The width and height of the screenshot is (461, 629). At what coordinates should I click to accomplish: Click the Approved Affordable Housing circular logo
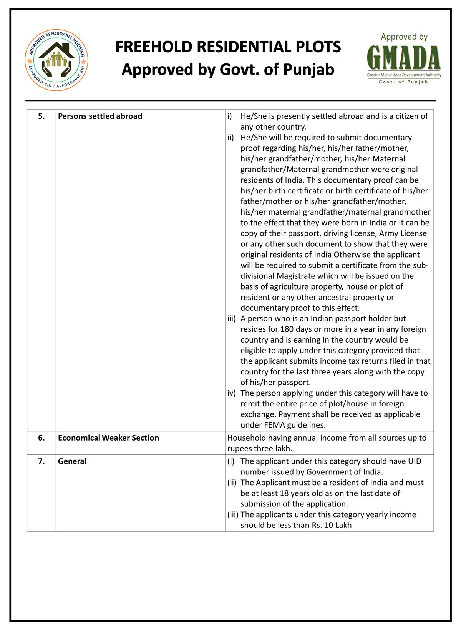(56, 61)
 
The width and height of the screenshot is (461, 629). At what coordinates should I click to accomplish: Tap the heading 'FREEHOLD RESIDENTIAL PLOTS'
(228, 47)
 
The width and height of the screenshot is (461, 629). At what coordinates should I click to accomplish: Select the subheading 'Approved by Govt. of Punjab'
(228, 70)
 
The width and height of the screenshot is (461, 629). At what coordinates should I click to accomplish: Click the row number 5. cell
(41, 116)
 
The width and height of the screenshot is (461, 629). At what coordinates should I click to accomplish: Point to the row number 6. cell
(41, 438)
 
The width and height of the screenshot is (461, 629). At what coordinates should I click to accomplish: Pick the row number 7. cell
(41, 461)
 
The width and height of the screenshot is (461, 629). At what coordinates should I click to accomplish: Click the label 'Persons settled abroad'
(100, 116)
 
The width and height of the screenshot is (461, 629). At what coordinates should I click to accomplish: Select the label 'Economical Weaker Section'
(108, 438)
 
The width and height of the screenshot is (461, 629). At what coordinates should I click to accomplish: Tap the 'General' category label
(72, 461)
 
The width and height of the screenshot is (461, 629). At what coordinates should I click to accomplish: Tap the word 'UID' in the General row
(414, 461)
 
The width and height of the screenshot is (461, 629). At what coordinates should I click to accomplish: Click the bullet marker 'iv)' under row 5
(231, 393)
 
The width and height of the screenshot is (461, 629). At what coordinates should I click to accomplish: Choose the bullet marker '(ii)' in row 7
(232, 482)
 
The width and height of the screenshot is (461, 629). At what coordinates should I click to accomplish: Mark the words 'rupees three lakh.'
(260, 448)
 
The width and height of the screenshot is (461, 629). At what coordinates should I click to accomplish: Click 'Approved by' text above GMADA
(404, 37)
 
